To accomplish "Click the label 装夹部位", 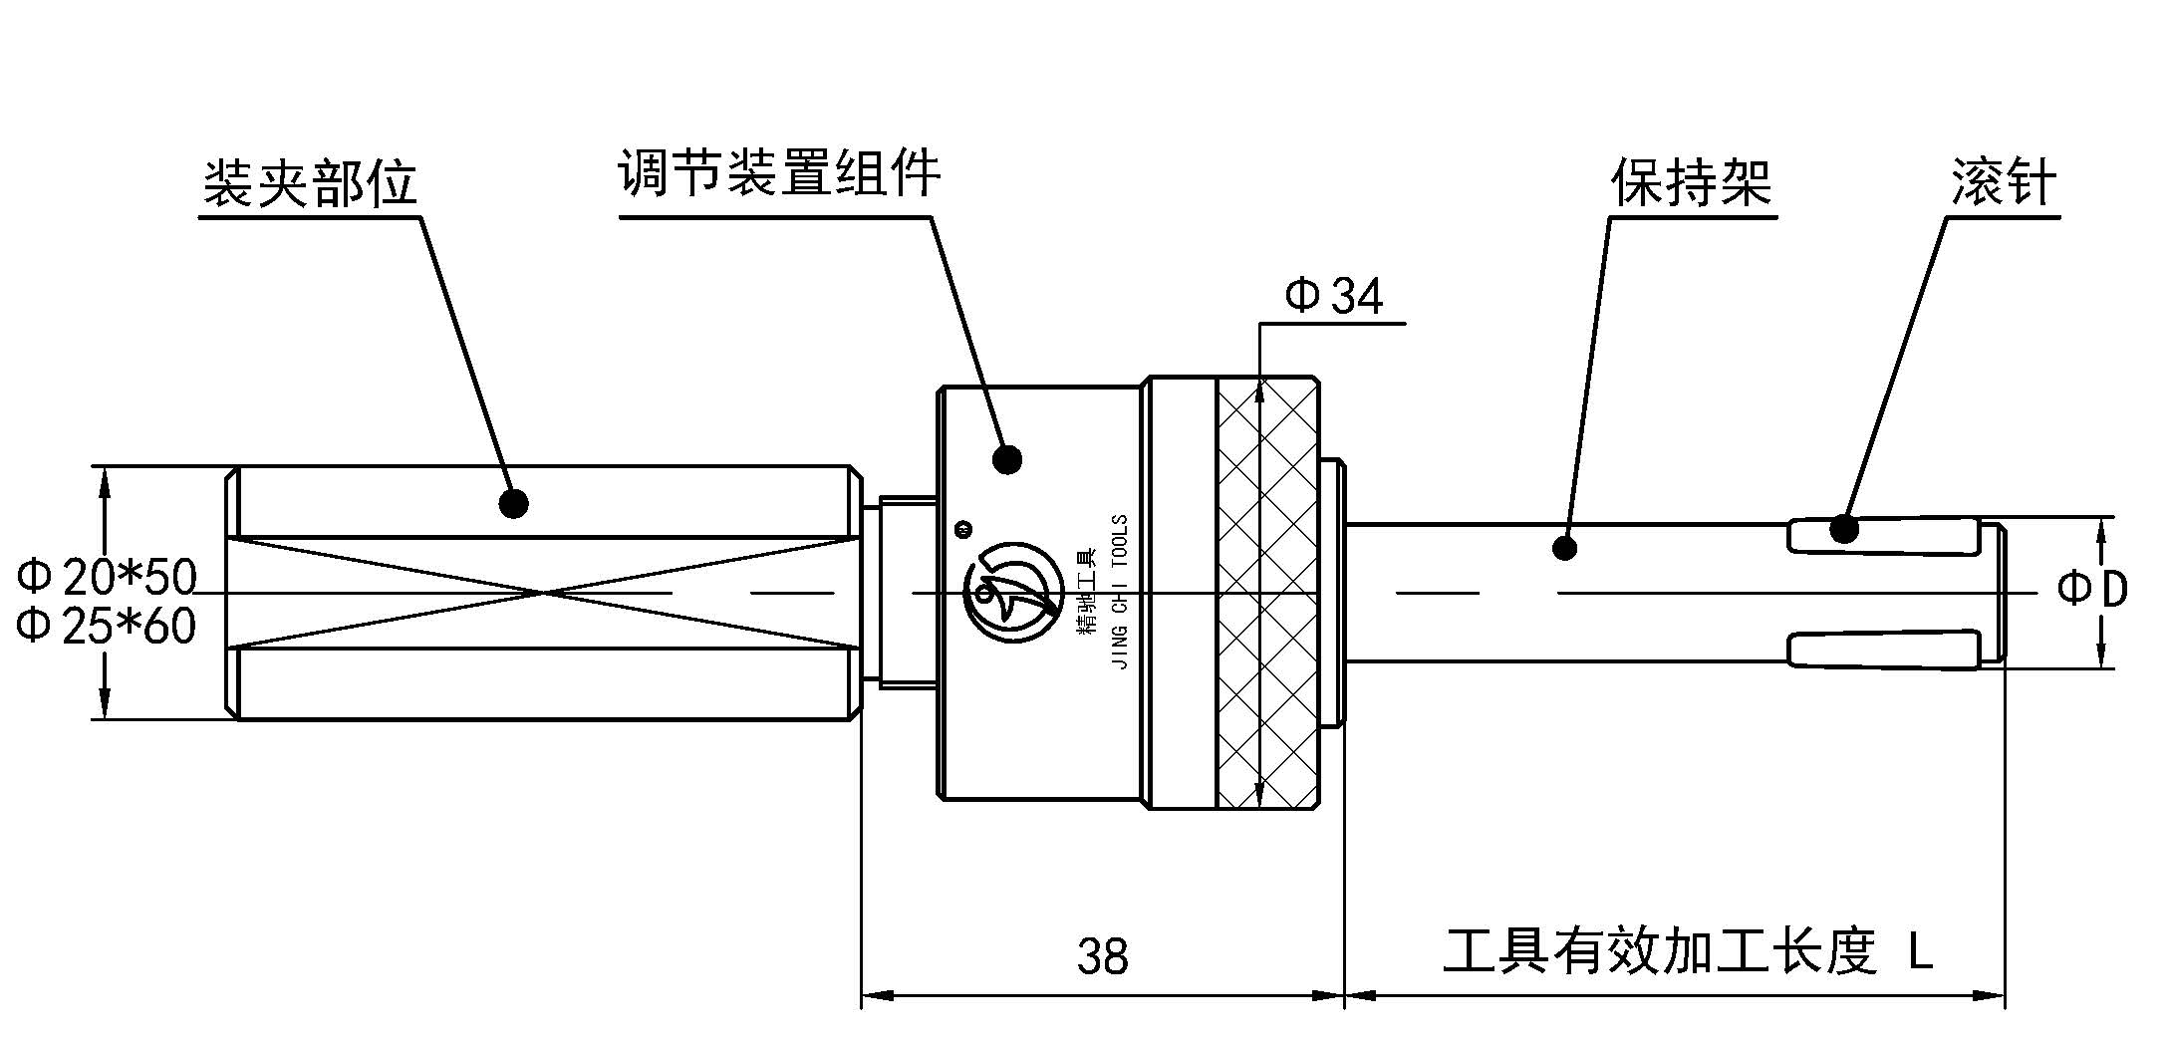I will [310, 183].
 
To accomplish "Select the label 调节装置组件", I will [779, 174].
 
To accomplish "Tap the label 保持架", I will [1692, 183].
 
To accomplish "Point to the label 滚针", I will [2004, 183].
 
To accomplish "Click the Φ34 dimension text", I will [1333, 297].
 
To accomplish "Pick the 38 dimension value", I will [1102, 956].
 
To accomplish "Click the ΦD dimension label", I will [2093, 590].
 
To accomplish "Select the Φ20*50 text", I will [108, 577].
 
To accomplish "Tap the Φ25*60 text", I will [108, 627].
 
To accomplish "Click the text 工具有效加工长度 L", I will [1688, 951].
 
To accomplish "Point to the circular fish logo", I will [1010, 594].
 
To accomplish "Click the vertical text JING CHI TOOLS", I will [1120, 592].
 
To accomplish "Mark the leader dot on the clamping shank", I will [514, 503].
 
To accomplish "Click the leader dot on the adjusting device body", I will [1007, 459].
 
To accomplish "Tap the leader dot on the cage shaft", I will [1564, 547].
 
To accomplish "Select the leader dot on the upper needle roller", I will [1843, 528].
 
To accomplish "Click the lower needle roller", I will [1883, 650].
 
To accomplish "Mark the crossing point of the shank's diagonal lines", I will [544, 593].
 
